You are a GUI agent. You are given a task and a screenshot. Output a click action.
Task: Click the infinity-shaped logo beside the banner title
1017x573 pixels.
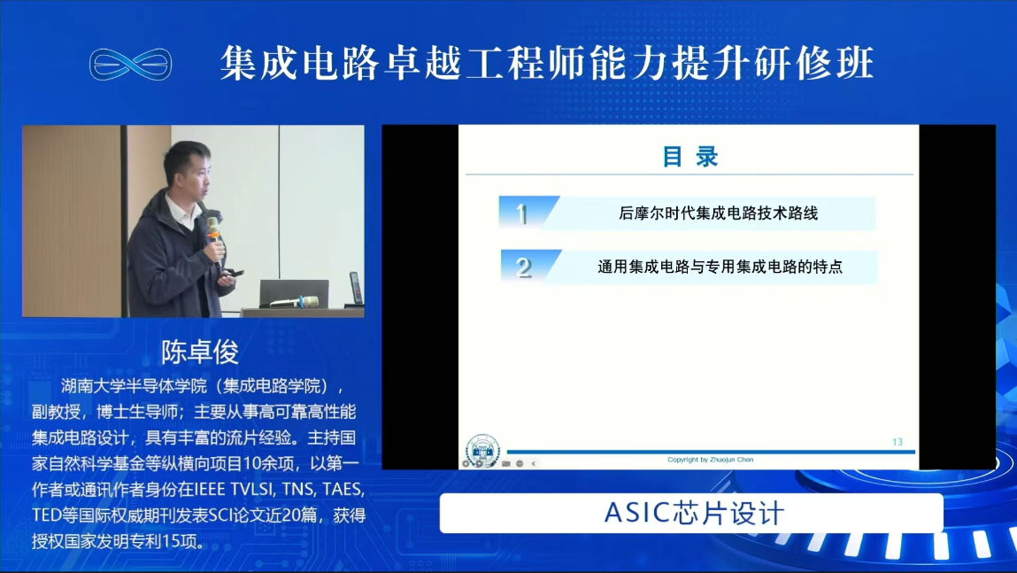coord(130,64)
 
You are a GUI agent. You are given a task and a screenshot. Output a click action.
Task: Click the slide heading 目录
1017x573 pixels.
coord(690,157)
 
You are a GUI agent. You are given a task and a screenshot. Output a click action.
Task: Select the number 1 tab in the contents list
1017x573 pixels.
coord(528,213)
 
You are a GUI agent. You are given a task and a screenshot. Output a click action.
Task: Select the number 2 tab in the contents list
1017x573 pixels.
coord(529,266)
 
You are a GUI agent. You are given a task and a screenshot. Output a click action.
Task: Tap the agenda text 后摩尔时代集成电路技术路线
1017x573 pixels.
coord(718,213)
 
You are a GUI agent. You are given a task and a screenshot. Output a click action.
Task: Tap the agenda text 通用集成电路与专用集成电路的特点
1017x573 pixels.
coord(720,266)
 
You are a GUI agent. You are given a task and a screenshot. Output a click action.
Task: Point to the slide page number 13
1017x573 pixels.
coord(897,442)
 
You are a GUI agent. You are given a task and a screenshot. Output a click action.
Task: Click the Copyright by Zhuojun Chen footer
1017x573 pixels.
coord(710,460)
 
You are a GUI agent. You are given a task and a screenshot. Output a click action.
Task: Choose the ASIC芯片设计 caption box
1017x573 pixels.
coord(691,513)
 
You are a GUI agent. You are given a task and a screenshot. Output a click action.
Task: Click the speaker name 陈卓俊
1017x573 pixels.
coord(200,352)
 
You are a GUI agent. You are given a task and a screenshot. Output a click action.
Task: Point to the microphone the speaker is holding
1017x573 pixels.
coord(214,237)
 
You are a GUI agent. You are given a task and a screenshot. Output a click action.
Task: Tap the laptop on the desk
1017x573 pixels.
coord(294,293)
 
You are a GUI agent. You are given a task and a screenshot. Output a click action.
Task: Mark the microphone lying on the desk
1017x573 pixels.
coord(296,302)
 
